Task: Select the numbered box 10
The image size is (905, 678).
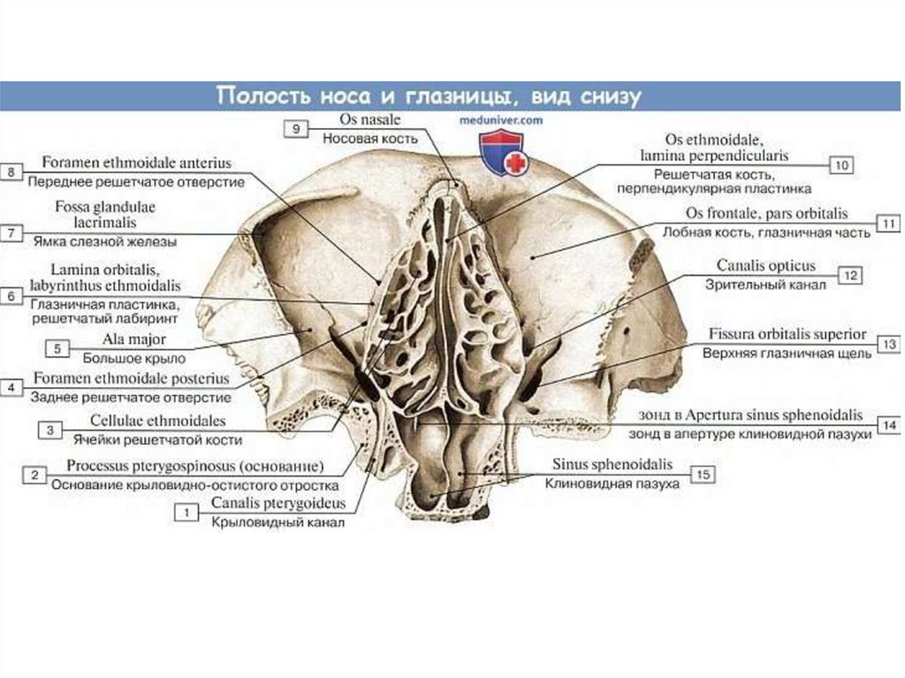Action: [841, 164]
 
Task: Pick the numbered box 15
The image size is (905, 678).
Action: [703, 475]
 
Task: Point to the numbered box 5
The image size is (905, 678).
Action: [57, 348]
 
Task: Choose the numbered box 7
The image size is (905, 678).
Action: [11, 233]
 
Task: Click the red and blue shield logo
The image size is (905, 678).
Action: [501, 151]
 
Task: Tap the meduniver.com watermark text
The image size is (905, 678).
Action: [500, 117]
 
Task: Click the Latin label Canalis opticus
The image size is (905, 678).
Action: [765, 266]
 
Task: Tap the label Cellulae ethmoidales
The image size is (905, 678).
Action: [157, 421]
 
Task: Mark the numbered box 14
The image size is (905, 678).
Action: [890, 425]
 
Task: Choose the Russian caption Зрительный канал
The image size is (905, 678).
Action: [765, 285]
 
